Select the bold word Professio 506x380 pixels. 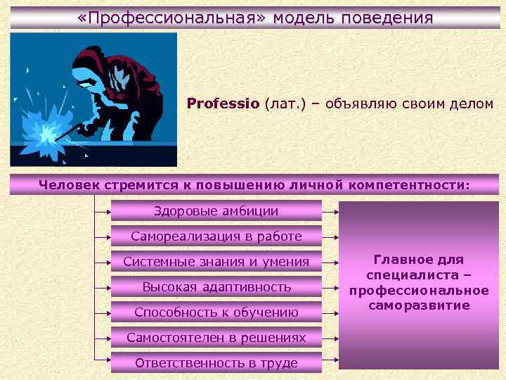(223, 103)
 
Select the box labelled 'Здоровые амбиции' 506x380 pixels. (216, 210)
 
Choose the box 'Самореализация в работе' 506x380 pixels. (216, 236)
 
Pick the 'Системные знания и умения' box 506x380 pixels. (216, 262)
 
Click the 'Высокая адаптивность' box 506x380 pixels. (216, 286)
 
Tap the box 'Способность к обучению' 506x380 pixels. (216, 312)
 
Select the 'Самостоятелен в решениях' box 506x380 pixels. (216, 337)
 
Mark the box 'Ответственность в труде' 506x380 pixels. (216, 362)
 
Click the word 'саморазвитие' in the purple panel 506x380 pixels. (419, 305)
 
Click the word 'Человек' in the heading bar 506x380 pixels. (70, 184)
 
